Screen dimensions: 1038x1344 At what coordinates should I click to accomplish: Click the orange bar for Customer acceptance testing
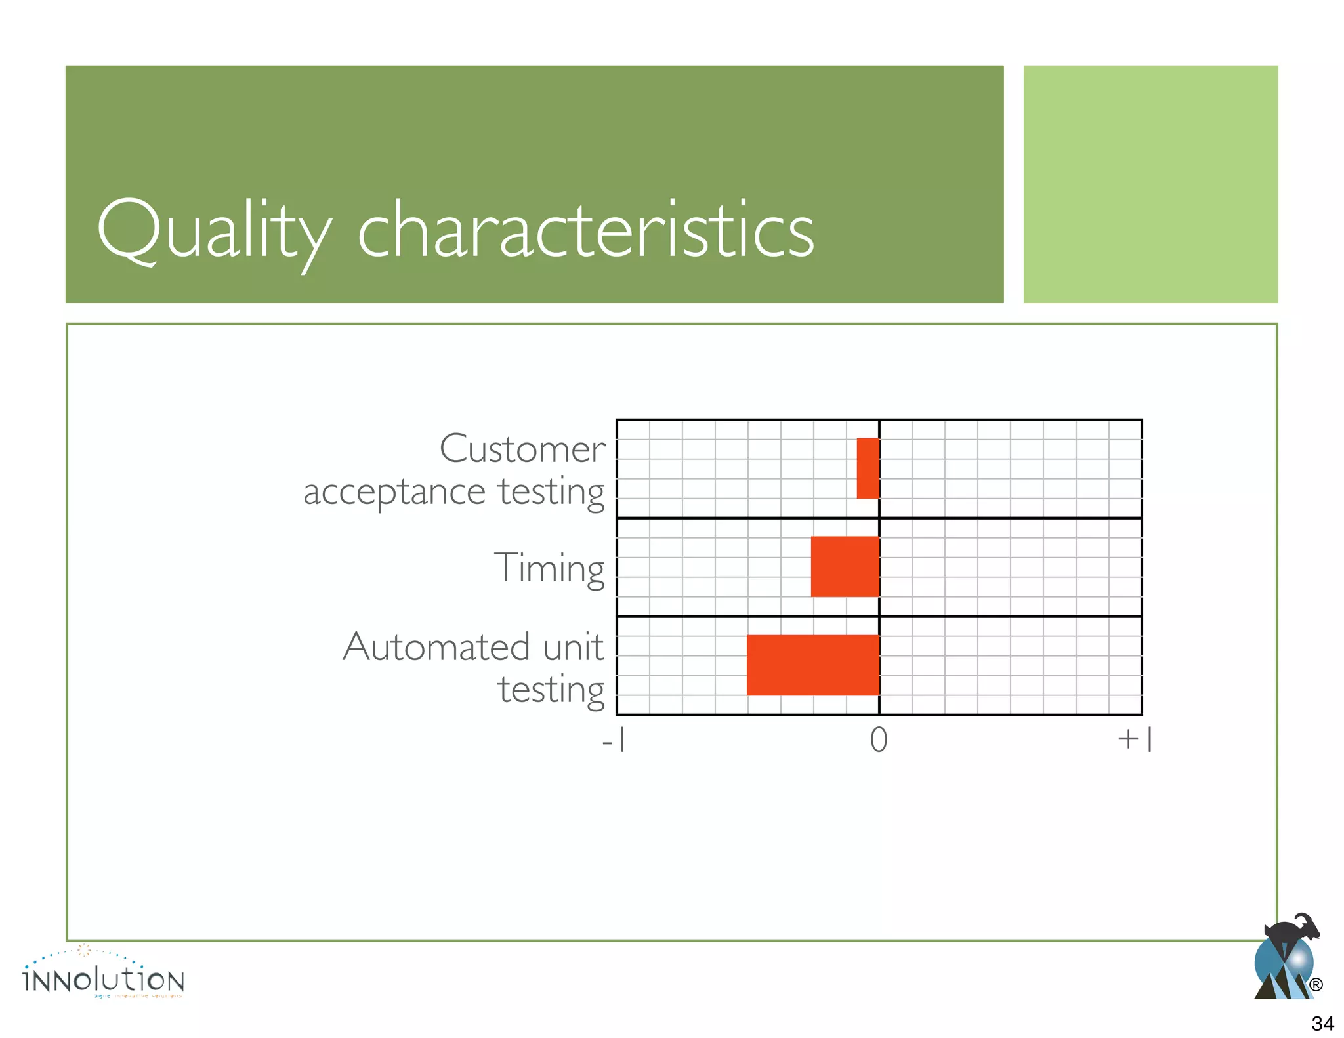click(868, 468)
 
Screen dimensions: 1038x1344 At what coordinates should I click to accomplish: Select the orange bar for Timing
click(845, 567)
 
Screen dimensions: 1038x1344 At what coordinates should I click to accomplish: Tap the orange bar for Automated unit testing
click(812, 665)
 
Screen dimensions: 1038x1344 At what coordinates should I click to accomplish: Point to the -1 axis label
click(614, 740)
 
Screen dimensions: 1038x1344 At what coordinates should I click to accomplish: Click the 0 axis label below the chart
click(879, 740)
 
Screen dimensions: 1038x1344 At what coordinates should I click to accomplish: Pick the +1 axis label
click(1135, 739)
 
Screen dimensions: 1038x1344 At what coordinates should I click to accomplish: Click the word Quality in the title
click(213, 231)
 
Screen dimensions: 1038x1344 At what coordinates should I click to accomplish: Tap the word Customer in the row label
click(522, 449)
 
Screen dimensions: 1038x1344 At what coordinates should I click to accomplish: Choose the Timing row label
click(549, 568)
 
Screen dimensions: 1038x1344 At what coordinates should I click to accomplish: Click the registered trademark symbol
click(1316, 985)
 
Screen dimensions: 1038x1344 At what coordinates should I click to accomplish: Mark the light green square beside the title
click(1150, 184)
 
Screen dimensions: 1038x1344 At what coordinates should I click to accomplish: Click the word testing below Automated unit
click(551, 690)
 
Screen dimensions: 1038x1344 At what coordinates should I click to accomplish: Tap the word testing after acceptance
click(551, 493)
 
